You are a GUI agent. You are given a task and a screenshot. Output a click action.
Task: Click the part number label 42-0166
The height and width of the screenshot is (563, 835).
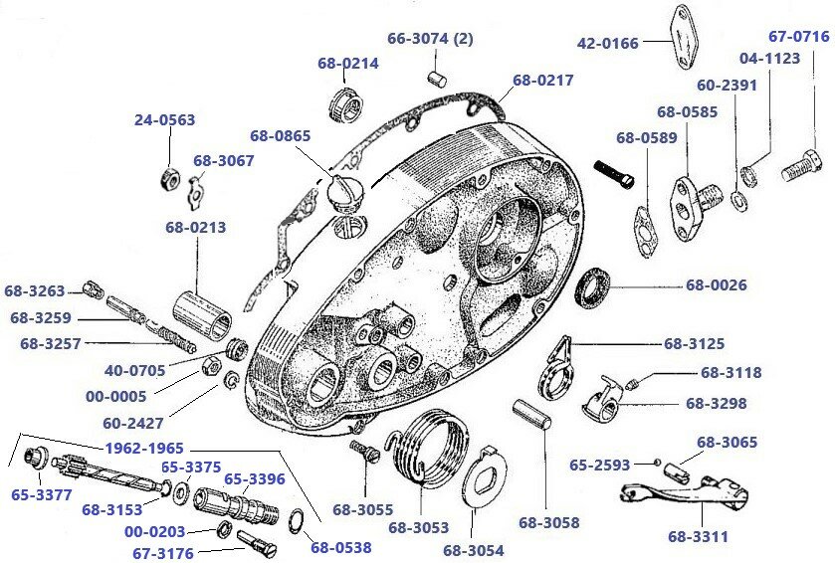tap(607, 43)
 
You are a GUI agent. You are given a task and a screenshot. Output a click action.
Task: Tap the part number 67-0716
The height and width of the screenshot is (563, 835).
tap(798, 37)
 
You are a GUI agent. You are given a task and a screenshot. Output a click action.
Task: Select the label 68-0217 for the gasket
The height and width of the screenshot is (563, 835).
tap(542, 81)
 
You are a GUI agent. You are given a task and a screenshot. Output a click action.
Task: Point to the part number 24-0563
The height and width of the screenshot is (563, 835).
tap(164, 119)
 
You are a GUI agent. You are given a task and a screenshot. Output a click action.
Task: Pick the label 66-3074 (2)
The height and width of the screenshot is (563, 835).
tap(429, 39)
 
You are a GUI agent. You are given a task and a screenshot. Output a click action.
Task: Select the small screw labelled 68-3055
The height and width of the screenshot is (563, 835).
tap(361, 453)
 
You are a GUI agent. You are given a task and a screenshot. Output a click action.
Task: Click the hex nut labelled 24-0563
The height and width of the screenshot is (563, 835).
tap(170, 179)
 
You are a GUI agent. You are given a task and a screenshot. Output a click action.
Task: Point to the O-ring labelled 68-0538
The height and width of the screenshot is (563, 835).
tap(297, 521)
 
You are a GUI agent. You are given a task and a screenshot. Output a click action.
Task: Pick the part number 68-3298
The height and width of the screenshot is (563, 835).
tap(716, 404)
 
